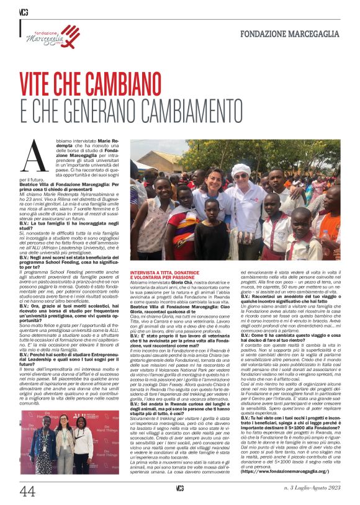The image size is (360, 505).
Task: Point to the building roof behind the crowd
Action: click(x=152, y=155)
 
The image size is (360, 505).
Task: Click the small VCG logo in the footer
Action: click(x=179, y=490)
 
